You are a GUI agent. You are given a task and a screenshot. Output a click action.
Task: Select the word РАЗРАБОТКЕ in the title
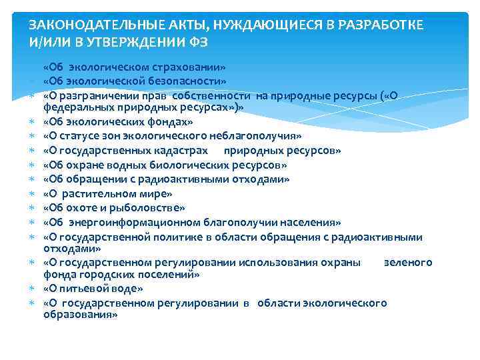[x=383, y=26]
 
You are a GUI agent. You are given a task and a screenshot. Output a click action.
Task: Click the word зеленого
[x=407, y=262]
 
